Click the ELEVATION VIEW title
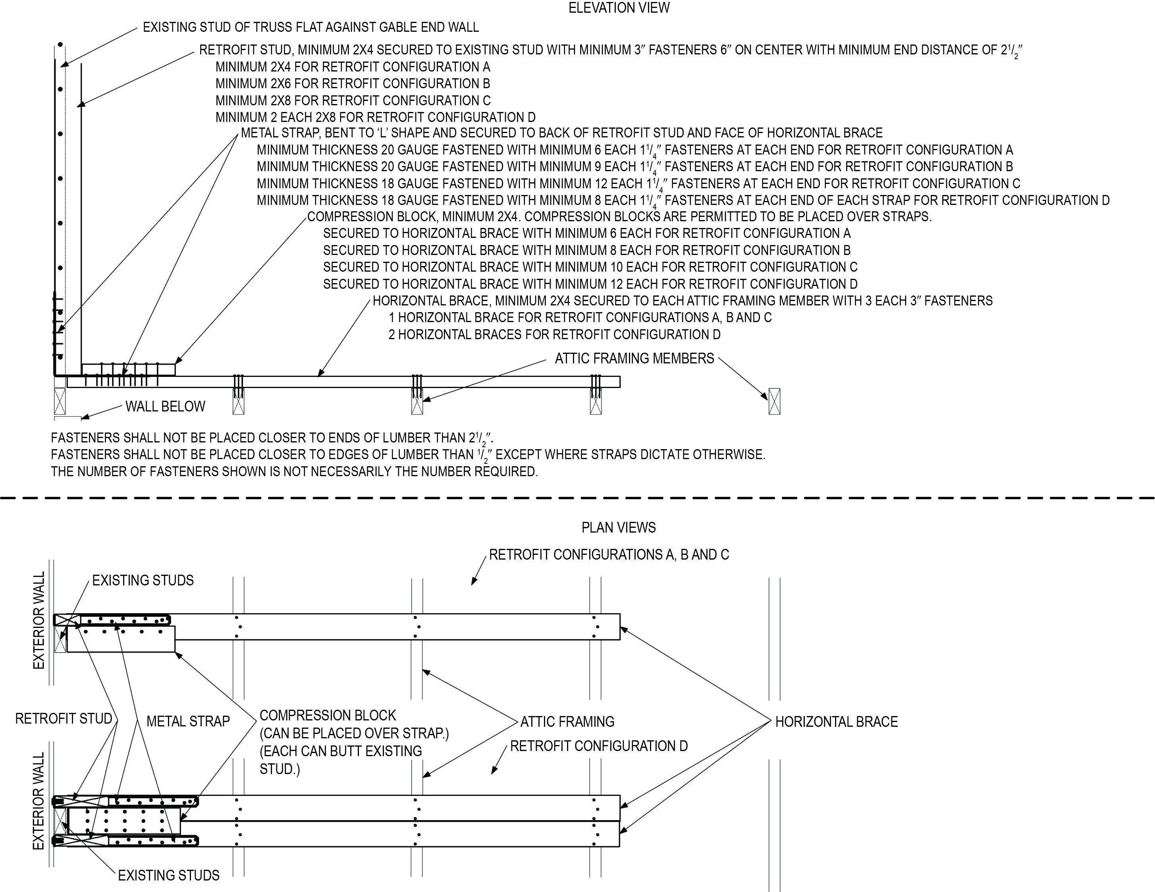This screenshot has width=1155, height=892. click(619, 8)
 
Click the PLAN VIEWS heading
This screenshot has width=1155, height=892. click(618, 527)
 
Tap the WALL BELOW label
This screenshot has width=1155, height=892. click(165, 406)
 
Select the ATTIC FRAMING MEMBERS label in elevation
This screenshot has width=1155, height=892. click(634, 359)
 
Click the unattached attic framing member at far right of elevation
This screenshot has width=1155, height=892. click(774, 401)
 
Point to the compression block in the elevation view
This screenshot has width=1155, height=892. click(129, 369)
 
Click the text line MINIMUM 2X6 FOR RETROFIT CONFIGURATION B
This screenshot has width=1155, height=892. click(353, 83)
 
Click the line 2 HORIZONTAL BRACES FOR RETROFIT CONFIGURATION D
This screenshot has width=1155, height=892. click(554, 334)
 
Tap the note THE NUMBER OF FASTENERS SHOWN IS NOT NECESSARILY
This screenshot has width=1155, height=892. click(294, 471)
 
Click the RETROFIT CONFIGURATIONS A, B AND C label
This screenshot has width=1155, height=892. click(609, 554)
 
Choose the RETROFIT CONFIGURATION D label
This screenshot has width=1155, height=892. click(599, 746)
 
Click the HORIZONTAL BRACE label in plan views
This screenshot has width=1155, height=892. click(836, 722)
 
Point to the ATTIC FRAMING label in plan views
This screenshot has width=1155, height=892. click(567, 722)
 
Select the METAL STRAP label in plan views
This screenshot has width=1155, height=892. click(188, 721)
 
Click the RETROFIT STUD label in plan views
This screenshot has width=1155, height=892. click(64, 718)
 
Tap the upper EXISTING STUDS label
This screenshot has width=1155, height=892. click(143, 580)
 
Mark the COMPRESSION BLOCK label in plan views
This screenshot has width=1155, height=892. click(327, 715)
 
